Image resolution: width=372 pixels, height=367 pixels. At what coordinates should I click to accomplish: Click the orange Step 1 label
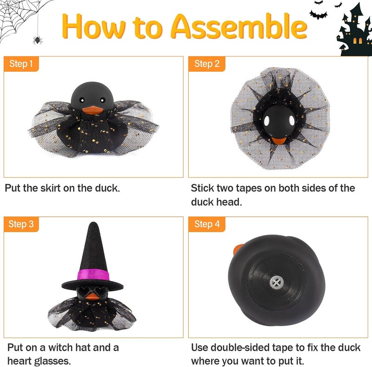[21, 64]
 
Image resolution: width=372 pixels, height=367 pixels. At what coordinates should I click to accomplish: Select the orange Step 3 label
[21, 224]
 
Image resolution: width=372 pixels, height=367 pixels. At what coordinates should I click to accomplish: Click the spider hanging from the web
[36, 40]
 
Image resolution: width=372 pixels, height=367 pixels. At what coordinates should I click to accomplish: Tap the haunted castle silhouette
[355, 30]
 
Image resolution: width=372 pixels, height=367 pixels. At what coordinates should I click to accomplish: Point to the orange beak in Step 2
[278, 140]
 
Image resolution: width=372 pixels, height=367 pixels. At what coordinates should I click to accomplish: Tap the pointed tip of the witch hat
[92, 226]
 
